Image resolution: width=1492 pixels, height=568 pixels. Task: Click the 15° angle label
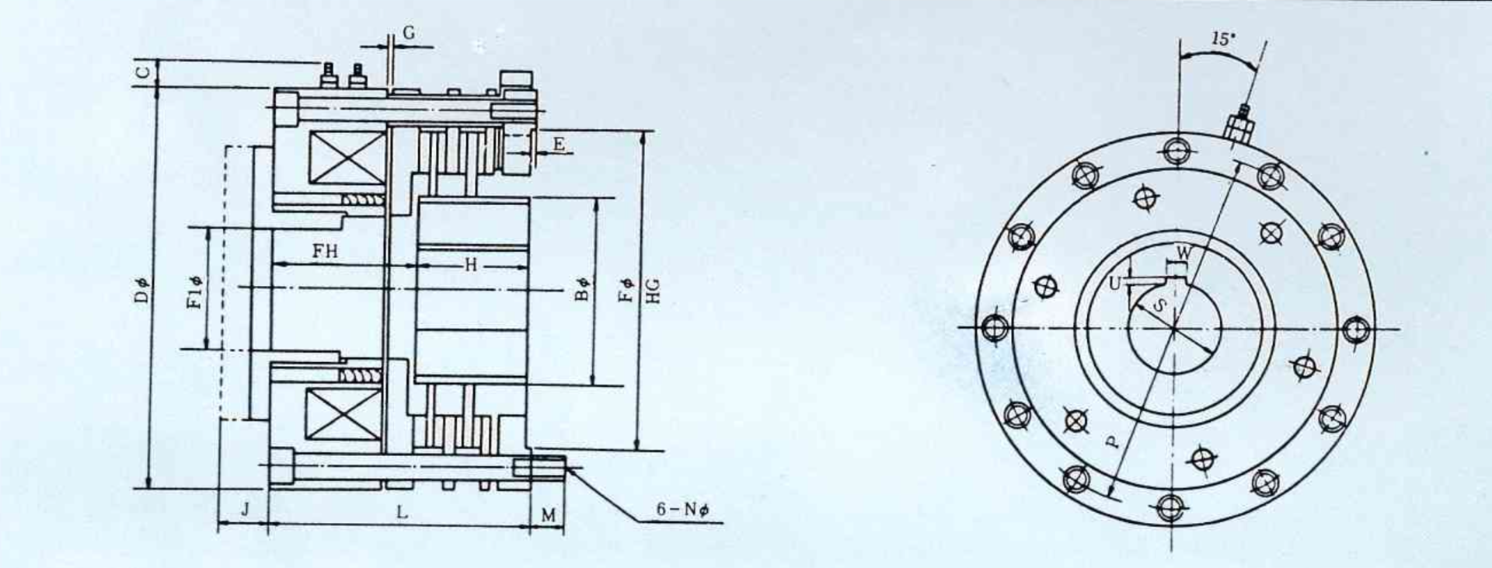point(1223,39)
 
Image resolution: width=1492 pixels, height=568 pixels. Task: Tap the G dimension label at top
point(409,33)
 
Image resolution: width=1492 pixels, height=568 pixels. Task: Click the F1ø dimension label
point(196,292)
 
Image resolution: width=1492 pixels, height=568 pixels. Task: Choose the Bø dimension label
point(583,289)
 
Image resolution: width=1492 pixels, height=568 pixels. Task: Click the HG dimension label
point(653,290)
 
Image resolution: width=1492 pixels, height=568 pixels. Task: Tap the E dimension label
point(559,144)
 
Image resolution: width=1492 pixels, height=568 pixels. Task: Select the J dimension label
point(245,510)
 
